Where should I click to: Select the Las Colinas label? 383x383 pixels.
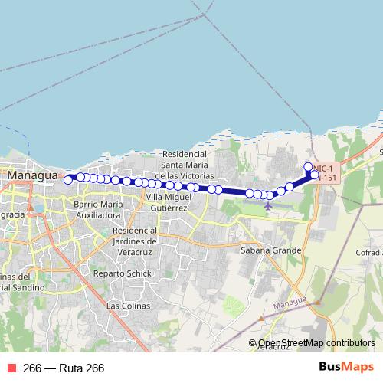(x=123, y=306)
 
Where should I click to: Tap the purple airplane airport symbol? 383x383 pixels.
(x=267, y=205)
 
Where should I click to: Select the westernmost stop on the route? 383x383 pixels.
(x=68, y=180)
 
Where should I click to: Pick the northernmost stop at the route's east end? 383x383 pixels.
(x=308, y=167)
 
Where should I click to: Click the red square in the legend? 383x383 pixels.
(x=11, y=368)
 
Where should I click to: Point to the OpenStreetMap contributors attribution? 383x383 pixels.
(x=316, y=343)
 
